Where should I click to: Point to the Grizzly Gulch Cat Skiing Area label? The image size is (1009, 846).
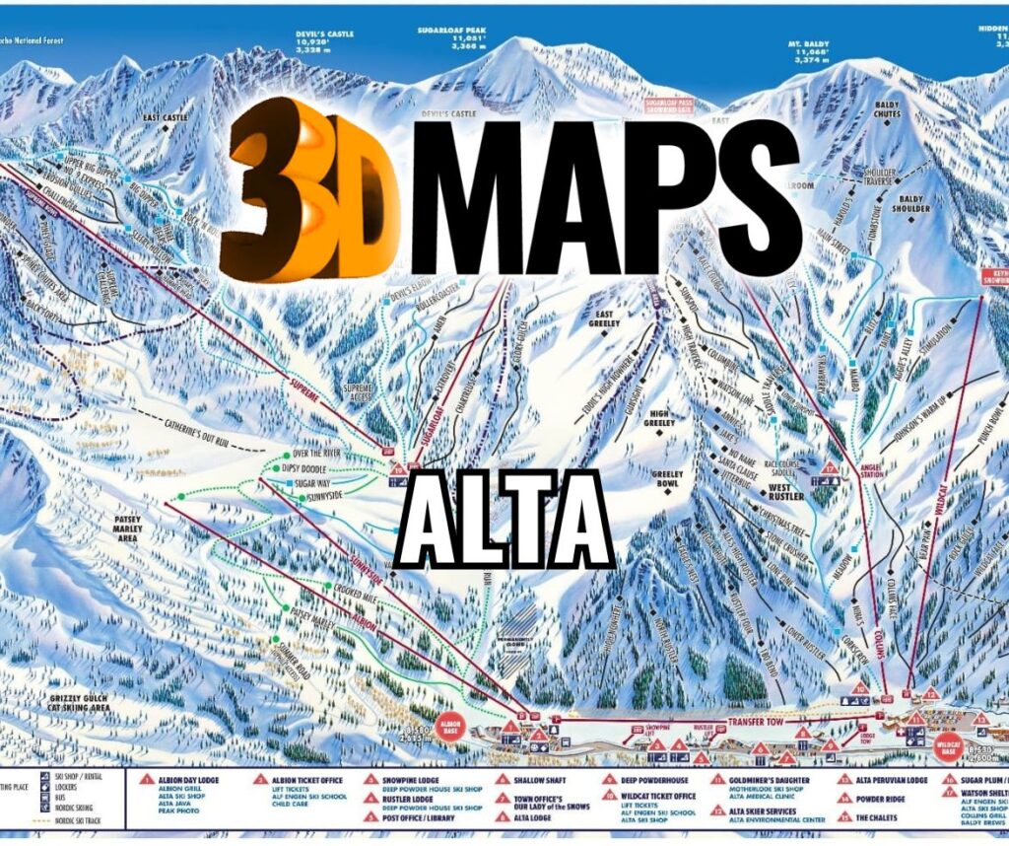tap(86, 703)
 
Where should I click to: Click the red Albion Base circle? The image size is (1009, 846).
tap(451, 721)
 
